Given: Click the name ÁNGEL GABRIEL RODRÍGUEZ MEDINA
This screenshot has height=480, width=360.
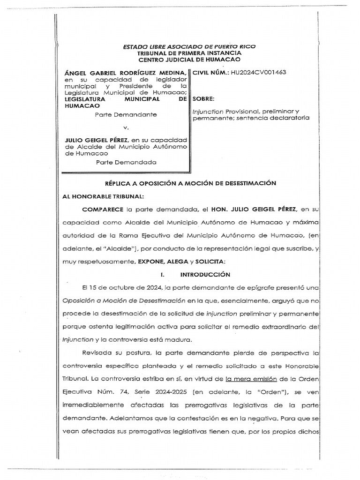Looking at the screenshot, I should [126, 73].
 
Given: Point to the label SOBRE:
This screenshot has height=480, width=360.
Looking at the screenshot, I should [203, 99].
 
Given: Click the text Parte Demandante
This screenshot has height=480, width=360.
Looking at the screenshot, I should [126, 115].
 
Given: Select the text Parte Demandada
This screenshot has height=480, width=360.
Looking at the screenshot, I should [126, 163].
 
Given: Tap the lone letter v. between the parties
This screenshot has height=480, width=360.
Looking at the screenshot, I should [125, 127].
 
